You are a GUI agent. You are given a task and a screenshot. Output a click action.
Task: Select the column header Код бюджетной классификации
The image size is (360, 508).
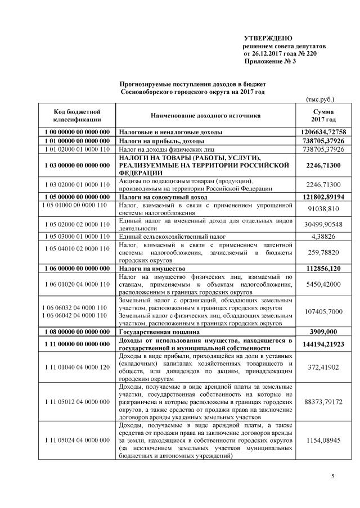(76, 116)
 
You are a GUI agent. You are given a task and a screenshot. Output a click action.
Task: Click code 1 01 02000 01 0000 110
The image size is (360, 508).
(76, 149)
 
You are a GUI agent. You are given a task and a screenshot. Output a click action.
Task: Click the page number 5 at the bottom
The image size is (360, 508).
(332, 477)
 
